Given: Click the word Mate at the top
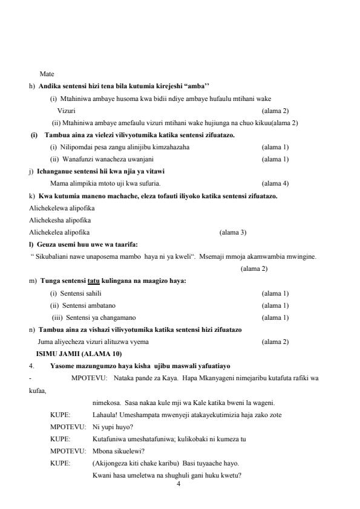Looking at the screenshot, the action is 47,74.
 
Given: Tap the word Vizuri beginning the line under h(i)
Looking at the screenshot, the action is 67,111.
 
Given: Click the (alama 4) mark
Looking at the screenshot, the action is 275,183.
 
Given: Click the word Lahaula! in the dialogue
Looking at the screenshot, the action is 106,415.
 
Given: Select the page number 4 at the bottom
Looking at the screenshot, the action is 178,484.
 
